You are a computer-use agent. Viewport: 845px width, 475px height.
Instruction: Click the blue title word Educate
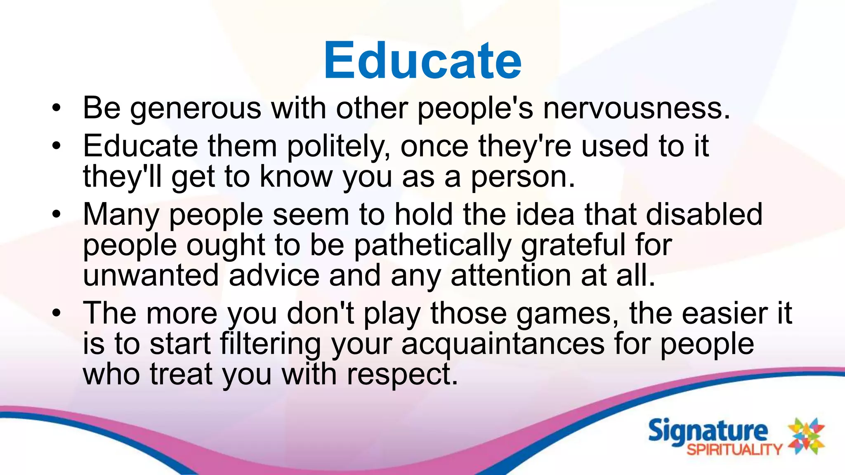[x=422, y=61]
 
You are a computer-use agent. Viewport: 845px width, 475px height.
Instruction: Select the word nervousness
[x=636, y=108]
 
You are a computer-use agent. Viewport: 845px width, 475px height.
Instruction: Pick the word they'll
[x=123, y=177]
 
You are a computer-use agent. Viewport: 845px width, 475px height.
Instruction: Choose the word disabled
[x=704, y=214]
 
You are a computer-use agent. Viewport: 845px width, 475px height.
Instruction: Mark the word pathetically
[x=432, y=246]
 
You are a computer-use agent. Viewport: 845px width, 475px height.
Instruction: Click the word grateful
[x=573, y=246]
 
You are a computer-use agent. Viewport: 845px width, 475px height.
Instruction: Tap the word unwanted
[x=151, y=275]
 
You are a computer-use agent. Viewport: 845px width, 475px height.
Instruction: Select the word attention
[x=511, y=275]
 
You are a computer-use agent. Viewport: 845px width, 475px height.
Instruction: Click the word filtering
[x=270, y=344]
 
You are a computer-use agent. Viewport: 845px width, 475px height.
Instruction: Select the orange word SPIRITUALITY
[x=734, y=449]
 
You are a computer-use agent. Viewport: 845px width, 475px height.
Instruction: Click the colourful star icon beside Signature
[x=806, y=436]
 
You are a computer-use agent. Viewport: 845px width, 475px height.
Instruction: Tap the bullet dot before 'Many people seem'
[x=57, y=214]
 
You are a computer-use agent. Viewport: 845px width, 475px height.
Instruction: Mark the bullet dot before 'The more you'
[x=57, y=313]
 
